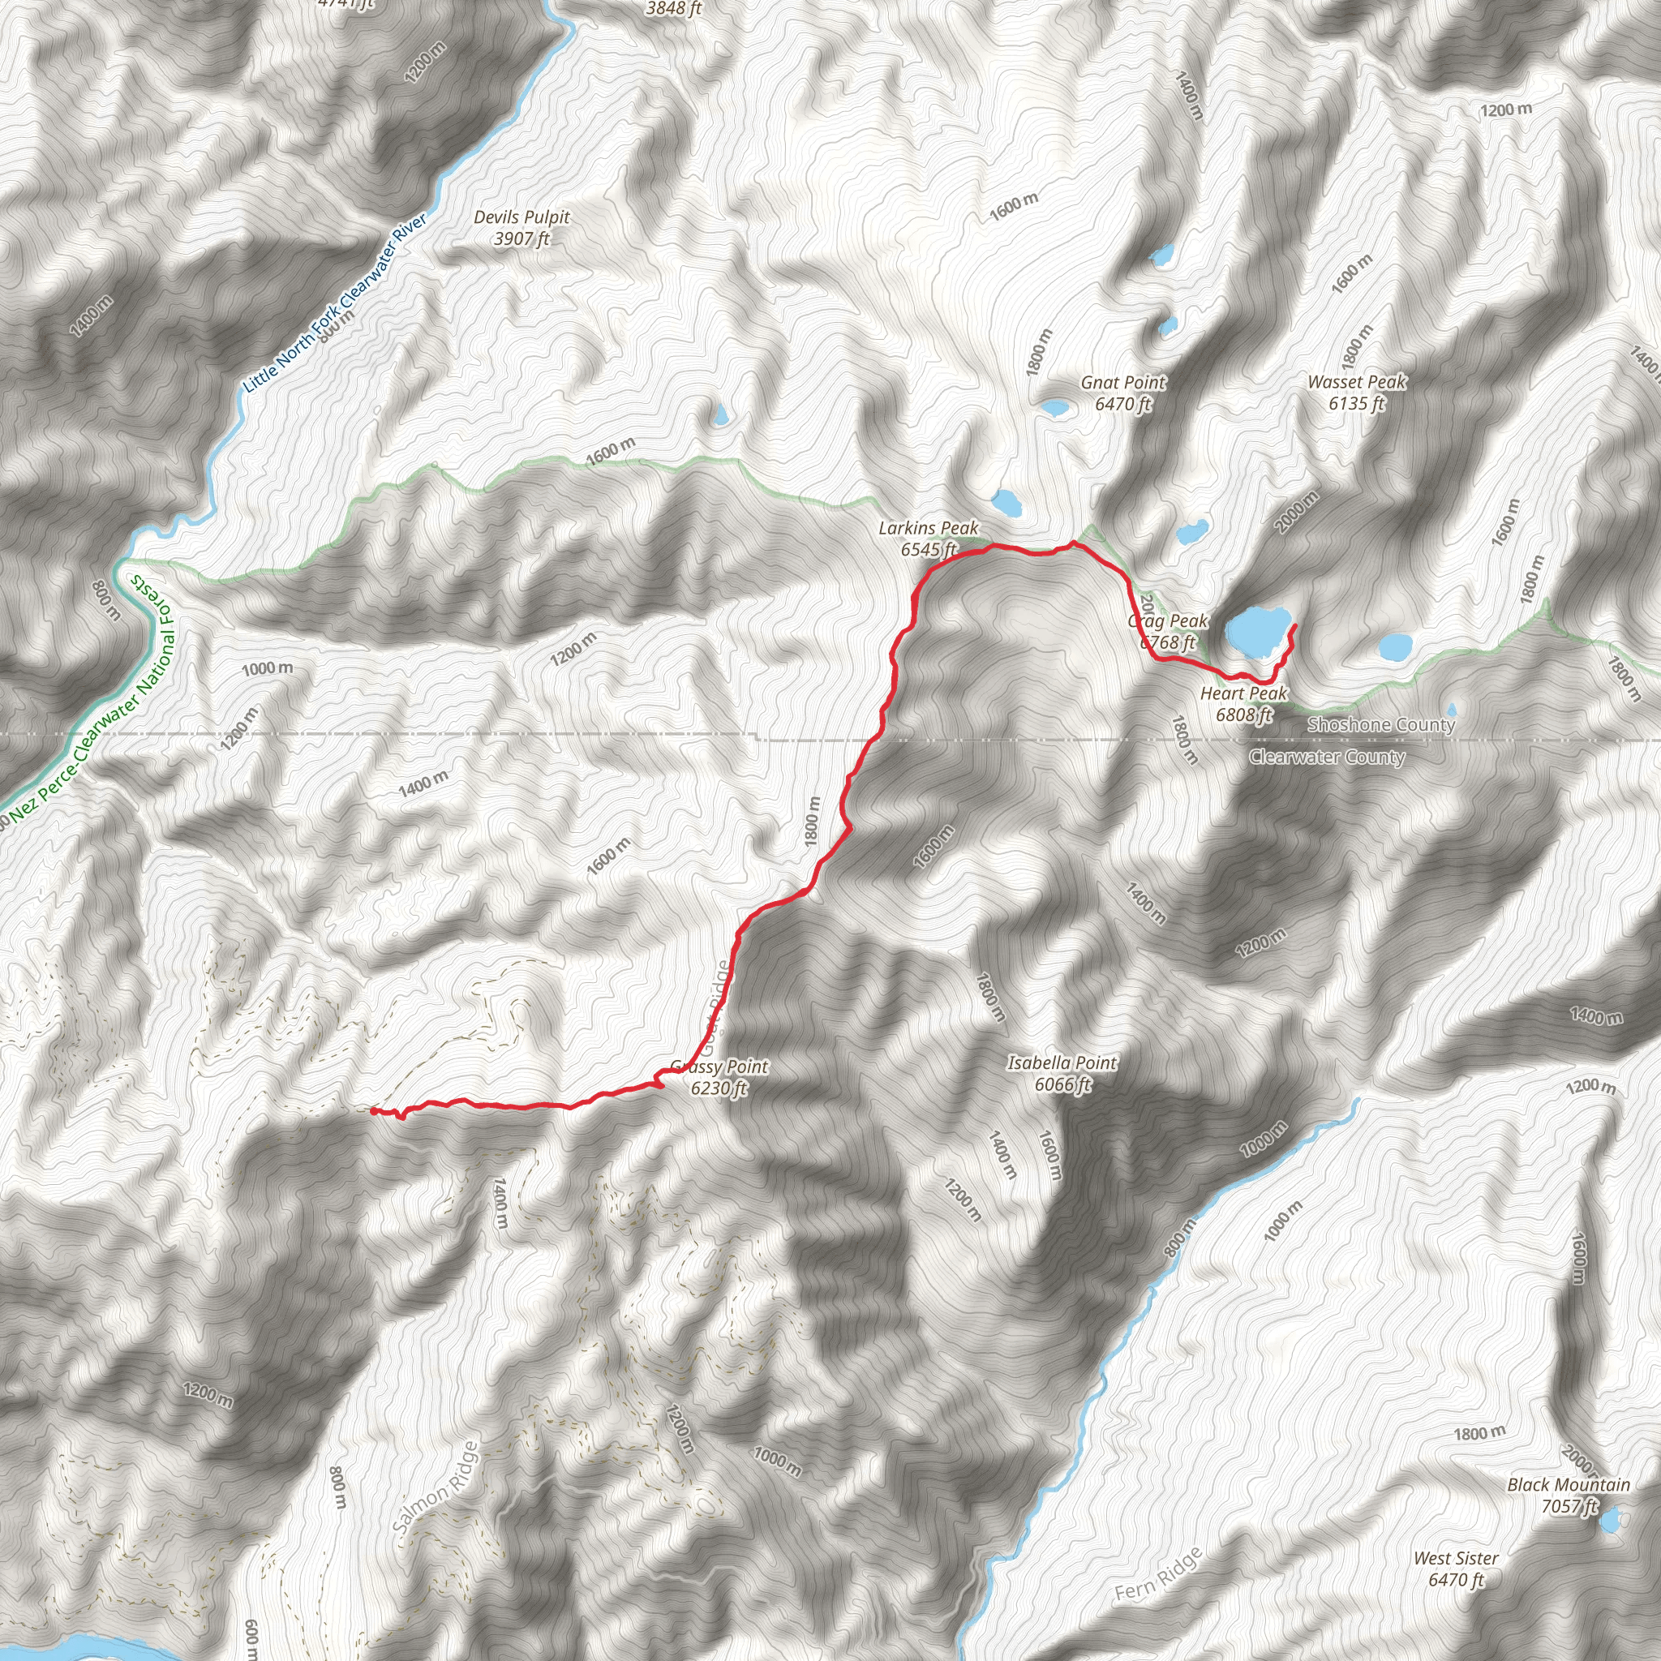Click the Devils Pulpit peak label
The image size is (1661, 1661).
pos(521,228)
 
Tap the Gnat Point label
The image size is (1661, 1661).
pos(1122,393)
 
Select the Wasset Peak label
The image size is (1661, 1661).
pos(1357,392)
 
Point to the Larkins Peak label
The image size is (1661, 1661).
pos(929,539)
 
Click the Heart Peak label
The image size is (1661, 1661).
pos(1243,703)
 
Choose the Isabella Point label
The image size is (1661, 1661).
pos(1062,1073)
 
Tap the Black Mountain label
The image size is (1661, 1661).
pos(1569,1495)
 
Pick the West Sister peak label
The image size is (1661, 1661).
pos(1456,1569)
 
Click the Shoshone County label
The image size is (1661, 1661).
pos(1380,725)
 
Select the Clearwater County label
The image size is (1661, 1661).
pos(1327,757)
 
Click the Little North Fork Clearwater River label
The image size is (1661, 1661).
pos(335,303)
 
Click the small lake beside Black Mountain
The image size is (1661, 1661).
pos(1609,1520)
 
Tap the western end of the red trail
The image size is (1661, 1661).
pos(372,1110)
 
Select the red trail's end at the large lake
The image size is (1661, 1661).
pos(1294,629)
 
